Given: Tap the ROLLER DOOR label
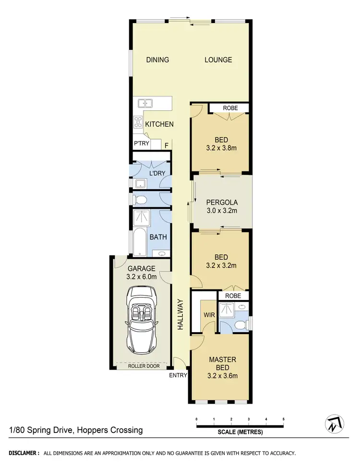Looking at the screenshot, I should pyautogui.click(x=143, y=366).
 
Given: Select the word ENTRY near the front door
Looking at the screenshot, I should pyautogui.click(x=178, y=375).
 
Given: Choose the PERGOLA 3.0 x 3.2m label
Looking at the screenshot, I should pyautogui.click(x=222, y=206).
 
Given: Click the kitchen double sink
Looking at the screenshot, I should pyautogui.click(x=144, y=103).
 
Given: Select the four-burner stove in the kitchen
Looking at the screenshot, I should pyautogui.click(x=138, y=121).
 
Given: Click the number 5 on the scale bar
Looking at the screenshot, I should pyautogui.click(x=284, y=419).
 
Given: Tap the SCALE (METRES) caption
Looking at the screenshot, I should pyautogui.click(x=240, y=432).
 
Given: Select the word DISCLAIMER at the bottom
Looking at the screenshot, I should pyautogui.click(x=23, y=453).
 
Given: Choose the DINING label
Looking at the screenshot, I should pyautogui.click(x=157, y=60).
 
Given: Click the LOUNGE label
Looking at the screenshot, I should pyautogui.click(x=218, y=60).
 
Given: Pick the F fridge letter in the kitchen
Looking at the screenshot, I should pyautogui.click(x=167, y=145).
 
